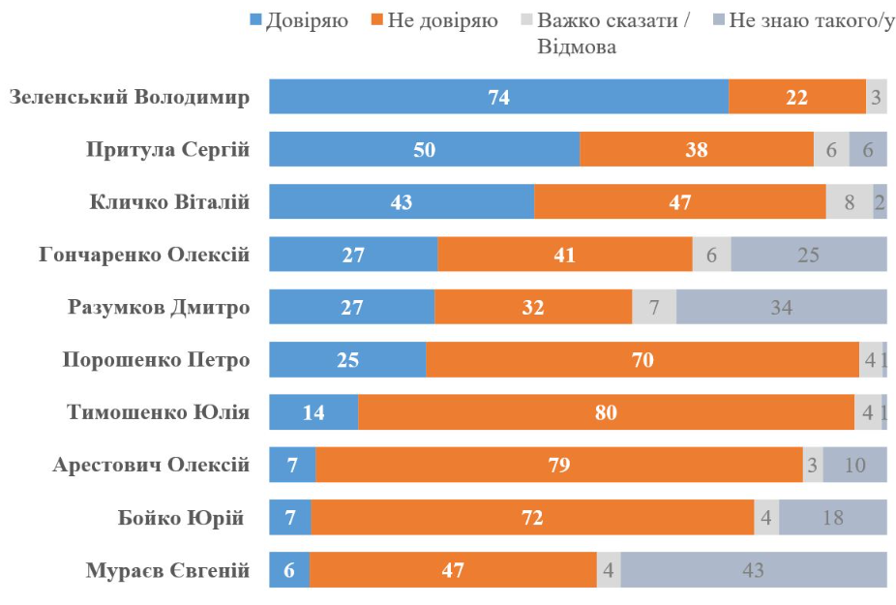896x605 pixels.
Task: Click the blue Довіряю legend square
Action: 257,20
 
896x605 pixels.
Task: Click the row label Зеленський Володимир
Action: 129,97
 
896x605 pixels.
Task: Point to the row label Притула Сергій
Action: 168,149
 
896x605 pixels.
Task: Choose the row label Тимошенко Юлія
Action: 159,412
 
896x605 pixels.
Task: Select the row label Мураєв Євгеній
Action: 167,570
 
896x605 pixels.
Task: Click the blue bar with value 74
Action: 498,97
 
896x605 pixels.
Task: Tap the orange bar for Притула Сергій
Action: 696,149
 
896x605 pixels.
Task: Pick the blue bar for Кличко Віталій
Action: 401,202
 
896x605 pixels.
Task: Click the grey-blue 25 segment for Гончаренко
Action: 808,255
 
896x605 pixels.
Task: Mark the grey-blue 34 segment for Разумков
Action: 781,307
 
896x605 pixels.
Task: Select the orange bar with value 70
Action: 642,360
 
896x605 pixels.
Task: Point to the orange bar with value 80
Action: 606,412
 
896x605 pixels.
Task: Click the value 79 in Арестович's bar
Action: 559,465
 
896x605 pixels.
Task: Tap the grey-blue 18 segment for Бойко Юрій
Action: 832,518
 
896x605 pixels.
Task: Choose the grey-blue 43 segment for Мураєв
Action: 754,570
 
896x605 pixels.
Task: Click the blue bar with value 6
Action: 288,570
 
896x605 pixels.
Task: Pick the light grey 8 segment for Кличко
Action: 849,202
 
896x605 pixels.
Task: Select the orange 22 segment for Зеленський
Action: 796,97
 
